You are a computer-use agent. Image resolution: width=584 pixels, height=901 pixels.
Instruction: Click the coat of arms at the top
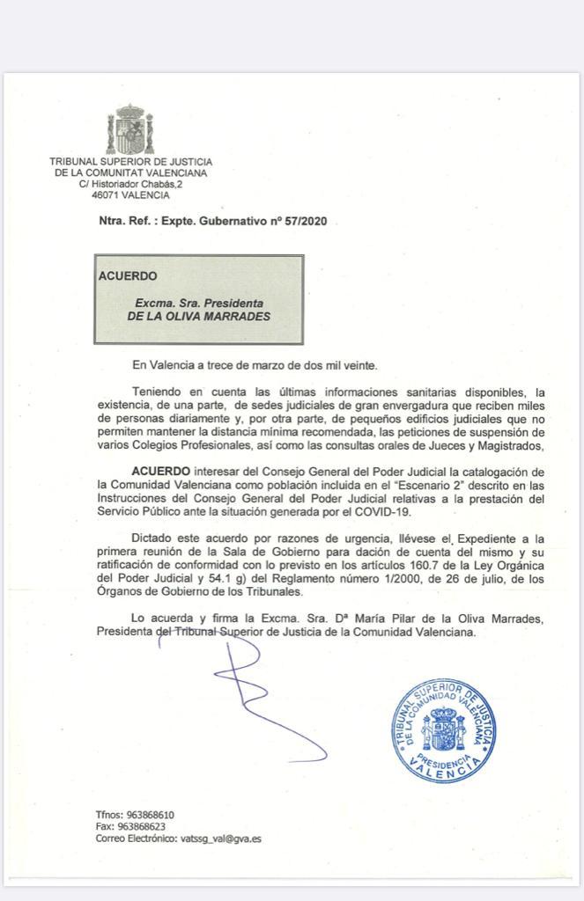tap(129, 129)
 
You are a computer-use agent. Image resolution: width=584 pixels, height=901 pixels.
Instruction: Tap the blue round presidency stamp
tap(441, 729)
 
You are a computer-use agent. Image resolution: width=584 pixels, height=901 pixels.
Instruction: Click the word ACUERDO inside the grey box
tap(128, 275)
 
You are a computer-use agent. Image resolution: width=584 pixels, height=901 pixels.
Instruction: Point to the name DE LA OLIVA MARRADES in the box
tap(198, 316)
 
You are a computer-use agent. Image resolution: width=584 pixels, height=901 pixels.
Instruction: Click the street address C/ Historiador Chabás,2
tap(130, 184)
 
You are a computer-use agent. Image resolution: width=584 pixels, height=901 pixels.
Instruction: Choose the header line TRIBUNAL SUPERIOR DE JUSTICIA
tap(130, 162)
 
